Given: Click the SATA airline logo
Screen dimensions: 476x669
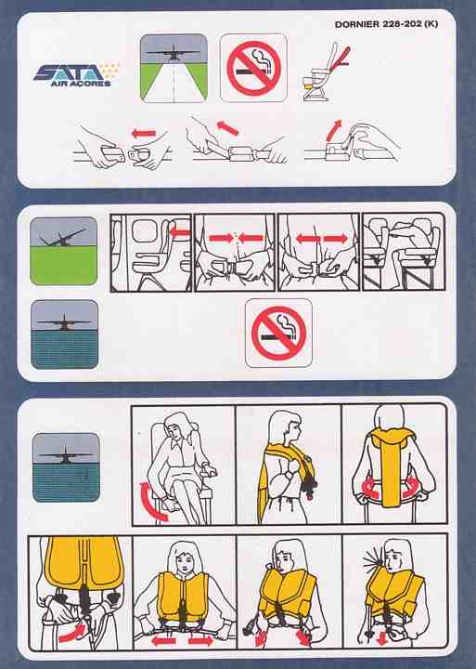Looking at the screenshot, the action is [x=76, y=75].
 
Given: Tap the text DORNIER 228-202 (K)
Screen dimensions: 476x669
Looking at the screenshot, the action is [x=386, y=24].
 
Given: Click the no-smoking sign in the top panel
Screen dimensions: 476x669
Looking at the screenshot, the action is [x=253, y=68].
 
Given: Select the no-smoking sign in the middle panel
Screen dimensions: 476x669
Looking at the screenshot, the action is [x=278, y=334].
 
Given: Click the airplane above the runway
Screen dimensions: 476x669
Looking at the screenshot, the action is [x=174, y=52].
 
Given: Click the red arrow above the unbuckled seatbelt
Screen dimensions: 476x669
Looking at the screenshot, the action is [x=144, y=134].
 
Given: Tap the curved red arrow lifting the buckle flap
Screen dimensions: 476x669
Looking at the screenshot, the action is [x=332, y=129].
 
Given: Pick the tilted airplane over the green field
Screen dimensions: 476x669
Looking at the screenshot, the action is [x=63, y=238].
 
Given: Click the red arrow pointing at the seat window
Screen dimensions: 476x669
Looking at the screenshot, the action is [x=180, y=232].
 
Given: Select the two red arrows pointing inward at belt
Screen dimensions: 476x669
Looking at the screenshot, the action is [x=236, y=238].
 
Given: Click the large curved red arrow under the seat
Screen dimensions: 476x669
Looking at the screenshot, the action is [x=151, y=502].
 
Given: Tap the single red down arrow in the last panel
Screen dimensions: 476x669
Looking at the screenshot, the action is [x=381, y=637].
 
